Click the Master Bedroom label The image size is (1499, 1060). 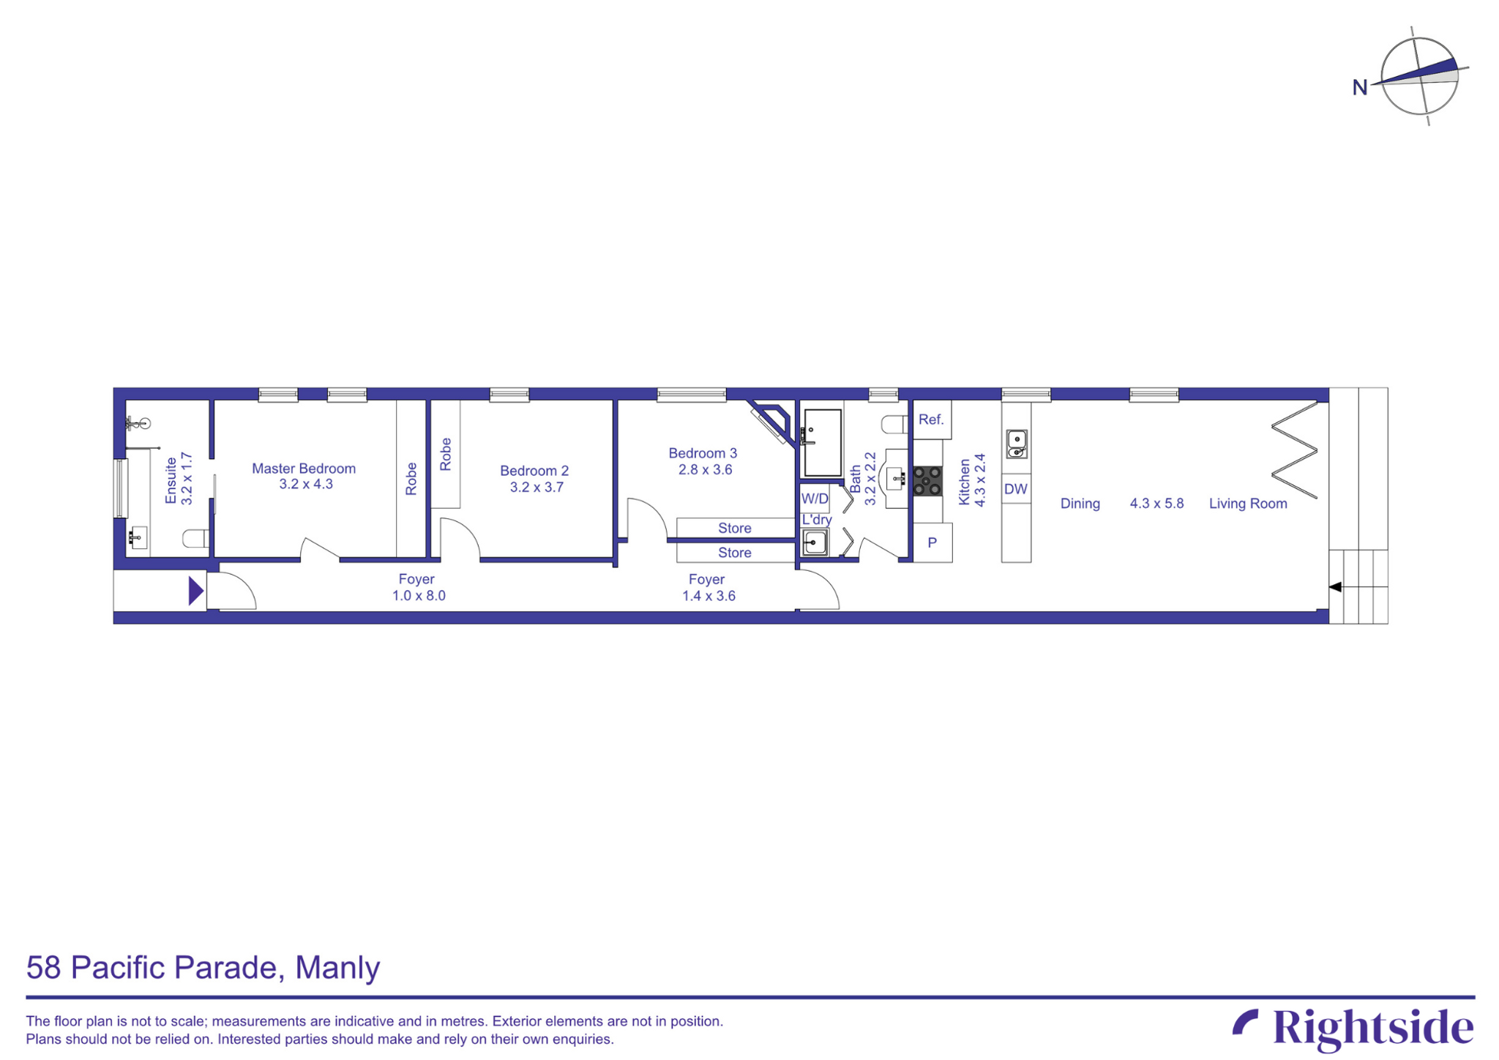pyautogui.click(x=304, y=469)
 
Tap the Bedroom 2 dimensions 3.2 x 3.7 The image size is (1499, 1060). pyautogui.click(x=537, y=488)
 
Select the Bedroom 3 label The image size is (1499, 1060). pyautogui.click(x=703, y=453)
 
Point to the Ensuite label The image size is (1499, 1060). pyautogui.click(x=171, y=480)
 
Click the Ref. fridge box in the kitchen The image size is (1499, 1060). pyautogui.click(x=932, y=419)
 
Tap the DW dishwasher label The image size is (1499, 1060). pyautogui.click(x=1016, y=489)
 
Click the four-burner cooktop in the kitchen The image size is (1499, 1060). pyautogui.click(x=927, y=481)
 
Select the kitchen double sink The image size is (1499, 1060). pyautogui.click(x=1017, y=444)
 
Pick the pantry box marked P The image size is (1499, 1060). pyautogui.click(x=932, y=543)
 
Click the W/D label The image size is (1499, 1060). pyautogui.click(x=815, y=499)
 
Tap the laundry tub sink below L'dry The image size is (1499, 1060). pyautogui.click(x=815, y=543)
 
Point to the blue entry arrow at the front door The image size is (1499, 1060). pyautogui.click(x=195, y=591)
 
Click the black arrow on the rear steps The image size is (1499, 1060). pyautogui.click(x=1335, y=587)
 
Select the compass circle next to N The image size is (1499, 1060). pyautogui.click(x=1419, y=76)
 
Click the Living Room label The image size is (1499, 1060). pyautogui.click(x=1248, y=504)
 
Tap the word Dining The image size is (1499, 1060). pyautogui.click(x=1080, y=504)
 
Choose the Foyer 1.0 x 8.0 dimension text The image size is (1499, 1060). pyautogui.click(x=419, y=596)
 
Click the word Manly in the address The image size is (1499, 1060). pyautogui.click(x=337, y=968)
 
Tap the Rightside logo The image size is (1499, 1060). pyautogui.click(x=1353, y=1028)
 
